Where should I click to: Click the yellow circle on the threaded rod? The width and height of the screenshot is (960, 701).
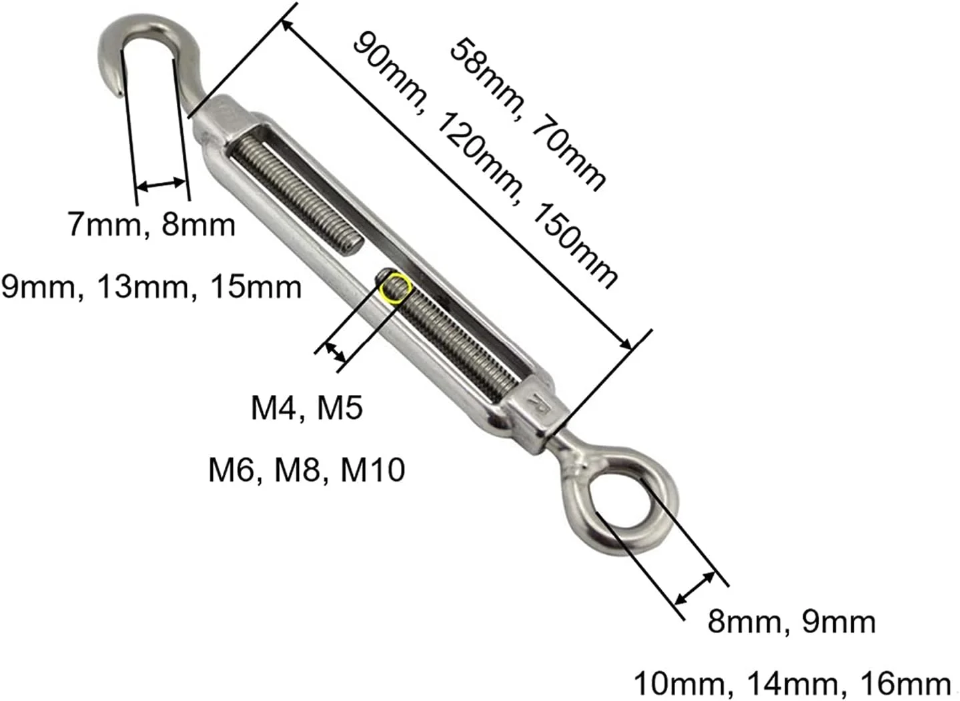point(396,288)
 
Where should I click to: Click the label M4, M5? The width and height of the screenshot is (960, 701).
point(307,408)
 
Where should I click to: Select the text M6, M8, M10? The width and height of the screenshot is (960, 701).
point(307,470)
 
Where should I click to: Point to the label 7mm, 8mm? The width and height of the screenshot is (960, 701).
point(151,225)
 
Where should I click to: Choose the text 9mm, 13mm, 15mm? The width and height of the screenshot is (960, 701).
point(151,287)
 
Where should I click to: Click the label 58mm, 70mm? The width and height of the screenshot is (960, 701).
point(528,115)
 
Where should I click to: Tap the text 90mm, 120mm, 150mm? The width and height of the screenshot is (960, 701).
point(485,161)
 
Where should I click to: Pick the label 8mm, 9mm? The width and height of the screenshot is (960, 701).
point(792,622)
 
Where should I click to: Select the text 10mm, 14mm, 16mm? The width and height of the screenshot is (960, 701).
point(793,684)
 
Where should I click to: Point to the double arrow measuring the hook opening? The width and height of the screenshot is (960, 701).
point(161,185)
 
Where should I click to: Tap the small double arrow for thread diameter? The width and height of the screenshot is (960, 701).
point(336,352)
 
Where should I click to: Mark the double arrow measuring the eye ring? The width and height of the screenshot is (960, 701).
point(695,588)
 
